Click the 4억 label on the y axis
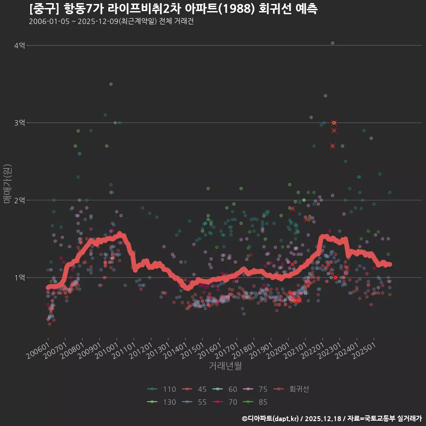pyautogui.click(x=19, y=45)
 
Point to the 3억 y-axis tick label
pyautogui.click(x=19, y=123)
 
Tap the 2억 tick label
pyautogui.click(x=19, y=200)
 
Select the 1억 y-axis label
pyautogui.click(x=19, y=278)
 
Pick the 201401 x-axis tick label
pyautogui.click(x=176, y=351)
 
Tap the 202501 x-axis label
pyautogui.click(x=364, y=351)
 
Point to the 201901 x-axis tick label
pyautogui.click(x=261, y=351)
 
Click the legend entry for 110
pyautogui.click(x=162, y=389)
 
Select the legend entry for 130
pyautogui.click(x=162, y=402)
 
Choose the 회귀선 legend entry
pyautogui.click(x=291, y=389)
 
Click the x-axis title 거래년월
pyautogui.click(x=225, y=366)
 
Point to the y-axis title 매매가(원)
pyautogui.click(x=8, y=184)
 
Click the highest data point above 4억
pyautogui.click(x=332, y=43)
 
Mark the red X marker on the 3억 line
pyautogui.click(x=334, y=122)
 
